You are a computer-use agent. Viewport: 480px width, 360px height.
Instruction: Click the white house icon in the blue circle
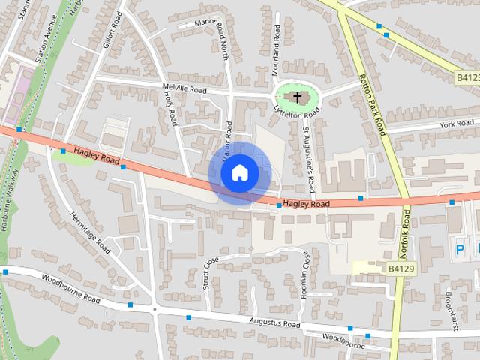point(239,172)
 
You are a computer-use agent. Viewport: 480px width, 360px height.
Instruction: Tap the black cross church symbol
point(298,97)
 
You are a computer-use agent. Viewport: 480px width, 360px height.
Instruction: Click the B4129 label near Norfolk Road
point(401,268)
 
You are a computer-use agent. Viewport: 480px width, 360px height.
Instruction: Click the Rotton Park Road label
point(371,103)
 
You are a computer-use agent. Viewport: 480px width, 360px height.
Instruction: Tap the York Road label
point(457,123)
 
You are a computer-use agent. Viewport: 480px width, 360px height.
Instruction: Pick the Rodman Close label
point(305,274)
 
